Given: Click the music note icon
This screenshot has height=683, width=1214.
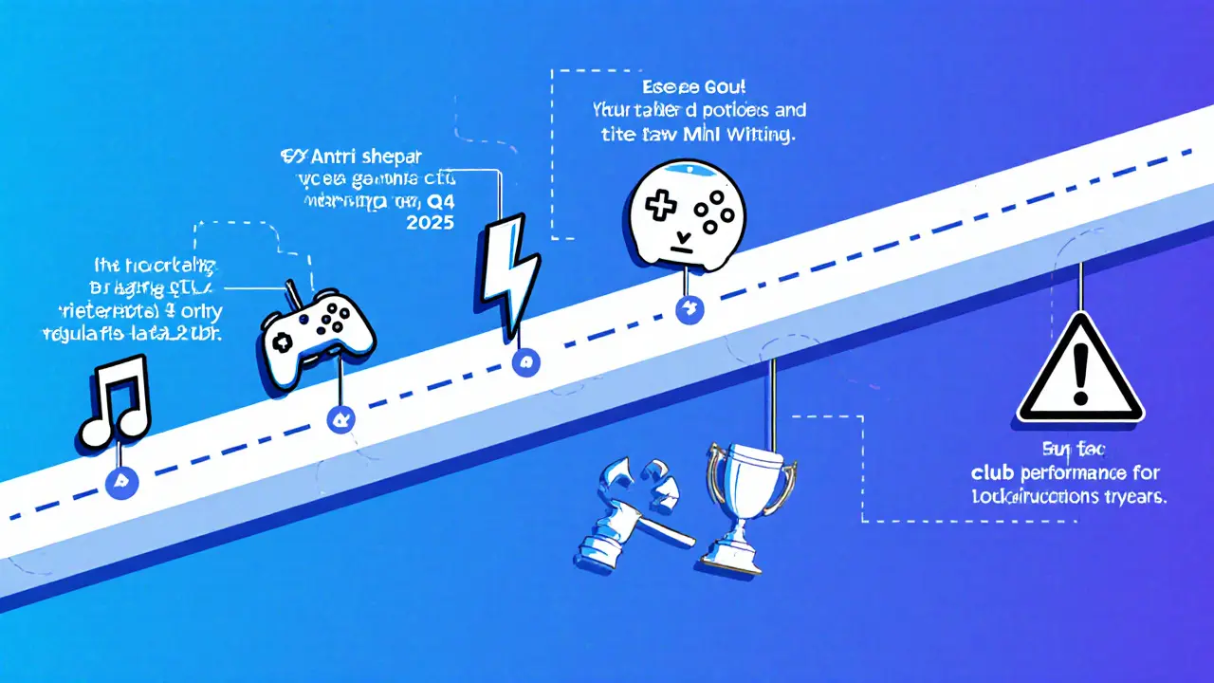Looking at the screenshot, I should coord(114,400).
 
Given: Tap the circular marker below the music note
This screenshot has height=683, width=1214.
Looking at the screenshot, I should coord(122,482).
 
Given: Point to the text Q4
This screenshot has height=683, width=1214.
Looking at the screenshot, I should coord(437,200).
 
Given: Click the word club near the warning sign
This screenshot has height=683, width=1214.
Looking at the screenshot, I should coord(998,471).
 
